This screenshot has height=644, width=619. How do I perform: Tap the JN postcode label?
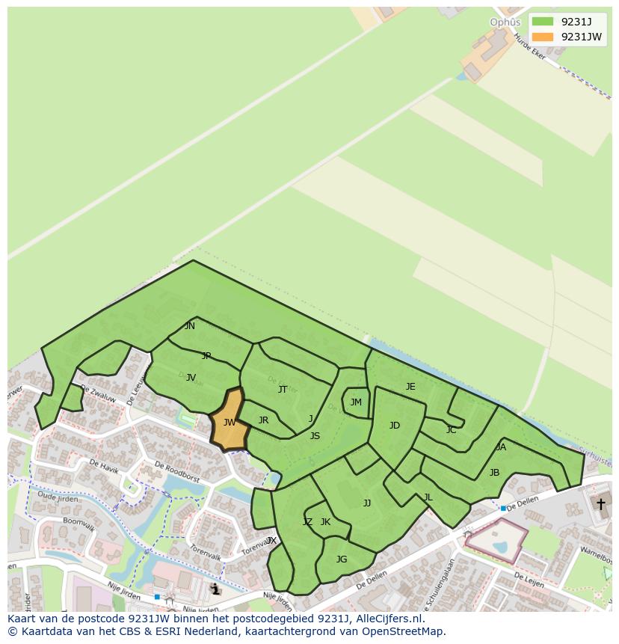click(x=190, y=326)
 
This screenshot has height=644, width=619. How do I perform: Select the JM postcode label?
click(x=356, y=402)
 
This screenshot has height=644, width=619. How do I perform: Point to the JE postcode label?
click(x=410, y=387)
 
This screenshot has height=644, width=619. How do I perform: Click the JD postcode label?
click(x=395, y=426)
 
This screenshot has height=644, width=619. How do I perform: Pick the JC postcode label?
click(x=451, y=430)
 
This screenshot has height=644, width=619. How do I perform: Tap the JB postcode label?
click(x=494, y=473)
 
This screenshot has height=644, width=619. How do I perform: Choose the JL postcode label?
click(x=428, y=497)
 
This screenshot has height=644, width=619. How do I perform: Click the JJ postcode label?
click(x=367, y=503)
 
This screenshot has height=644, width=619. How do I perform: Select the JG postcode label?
click(x=342, y=559)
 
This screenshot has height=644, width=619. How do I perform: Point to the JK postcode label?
click(x=325, y=522)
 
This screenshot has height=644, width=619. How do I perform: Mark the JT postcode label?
click(x=283, y=390)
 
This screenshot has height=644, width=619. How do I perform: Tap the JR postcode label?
click(x=263, y=420)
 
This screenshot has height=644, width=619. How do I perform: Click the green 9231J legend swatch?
click(x=543, y=22)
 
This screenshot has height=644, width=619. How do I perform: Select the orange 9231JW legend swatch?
click(x=543, y=37)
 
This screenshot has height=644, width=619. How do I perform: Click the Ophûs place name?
click(x=505, y=22)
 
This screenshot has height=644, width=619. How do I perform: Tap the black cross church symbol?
click(x=600, y=504)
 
